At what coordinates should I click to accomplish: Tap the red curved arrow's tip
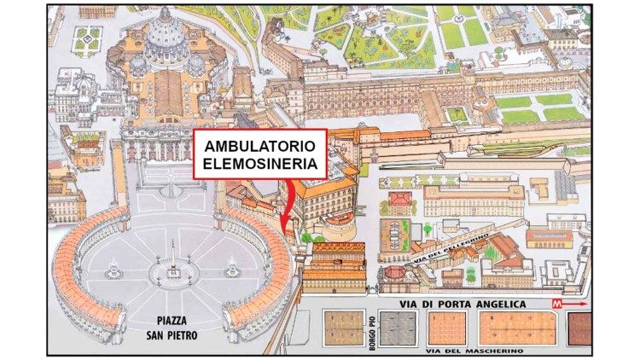[282, 228]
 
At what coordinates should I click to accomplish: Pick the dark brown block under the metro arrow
[580, 329]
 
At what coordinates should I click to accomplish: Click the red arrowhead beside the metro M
[584, 303]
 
